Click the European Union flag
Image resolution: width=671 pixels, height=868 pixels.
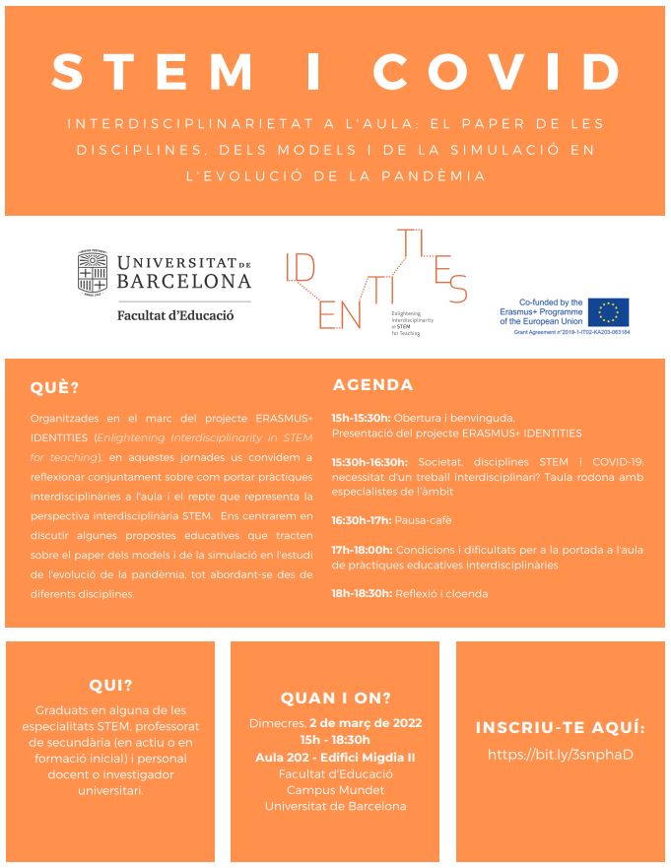[x=609, y=312]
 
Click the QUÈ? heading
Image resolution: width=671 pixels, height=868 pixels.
[x=54, y=387]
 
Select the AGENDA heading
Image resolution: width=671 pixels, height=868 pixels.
[x=372, y=384]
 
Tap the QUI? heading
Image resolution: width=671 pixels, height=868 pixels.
[x=110, y=686]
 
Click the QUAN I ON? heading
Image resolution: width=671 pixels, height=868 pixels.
[x=336, y=699]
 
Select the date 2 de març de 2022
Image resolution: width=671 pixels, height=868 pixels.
[x=366, y=722]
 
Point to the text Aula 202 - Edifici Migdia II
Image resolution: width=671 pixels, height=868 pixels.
[x=335, y=757]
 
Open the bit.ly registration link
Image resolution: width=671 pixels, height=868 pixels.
[x=560, y=755]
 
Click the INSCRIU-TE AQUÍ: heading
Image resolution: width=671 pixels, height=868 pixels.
[x=560, y=728]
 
